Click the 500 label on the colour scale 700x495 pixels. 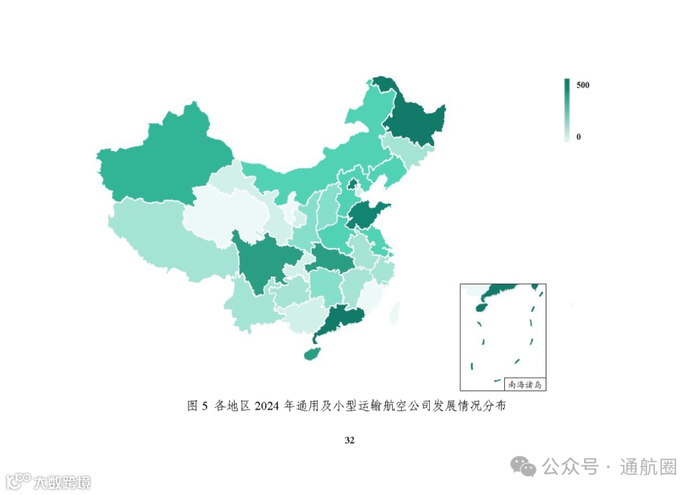pyautogui.click(x=583, y=86)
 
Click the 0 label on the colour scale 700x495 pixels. pyautogui.click(x=578, y=137)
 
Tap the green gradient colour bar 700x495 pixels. pyautogui.click(x=567, y=109)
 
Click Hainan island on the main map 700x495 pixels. pyautogui.click(x=312, y=353)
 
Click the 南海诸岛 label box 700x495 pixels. pyautogui.click(x=524, y=384)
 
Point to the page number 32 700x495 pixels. pyautogui.click(x=349, y=441)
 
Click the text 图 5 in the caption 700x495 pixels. pyautogui.click(x=196, y=406)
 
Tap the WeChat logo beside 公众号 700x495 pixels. pyautogui.click(x=522, y=466)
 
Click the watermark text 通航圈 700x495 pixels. pyautogui.click(x=647, y=466)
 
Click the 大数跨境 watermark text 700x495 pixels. pyautogui.click(x=62, y=482)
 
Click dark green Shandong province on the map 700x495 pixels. pyautogui.click(x=367, y=216)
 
